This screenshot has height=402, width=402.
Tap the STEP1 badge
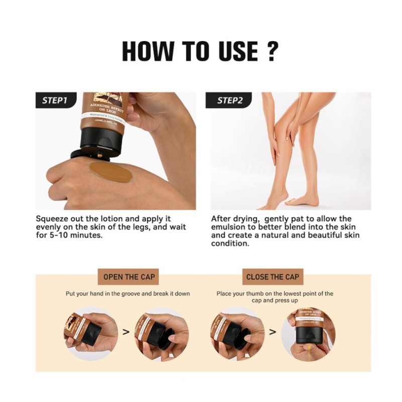pos(55,100)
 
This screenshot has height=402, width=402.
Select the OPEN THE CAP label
pos(129,277)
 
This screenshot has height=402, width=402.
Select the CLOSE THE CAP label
pos(272,277)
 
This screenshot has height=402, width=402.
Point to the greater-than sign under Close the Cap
pos(272,332)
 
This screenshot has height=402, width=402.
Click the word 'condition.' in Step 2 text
pos(230,243)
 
